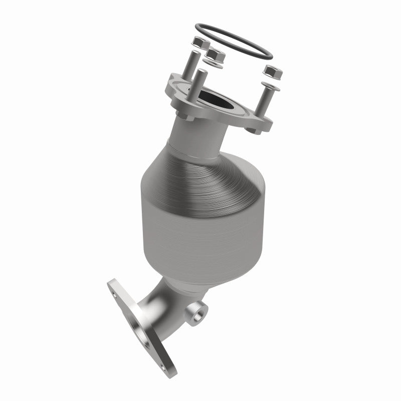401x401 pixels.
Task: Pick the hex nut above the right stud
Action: [x=272, y=71]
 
